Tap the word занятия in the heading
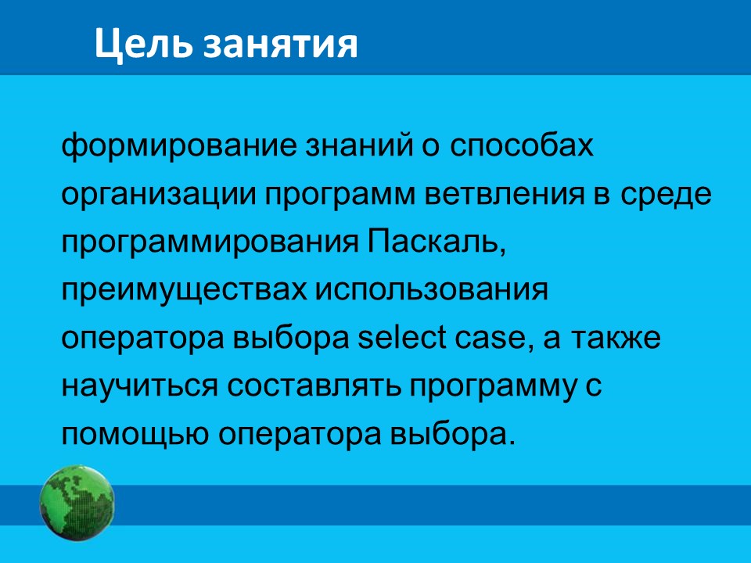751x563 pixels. point(281,46)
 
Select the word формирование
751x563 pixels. point(179,146)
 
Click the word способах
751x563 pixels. point(522,146)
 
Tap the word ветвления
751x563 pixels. point(505,195)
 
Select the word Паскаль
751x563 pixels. point(437,242)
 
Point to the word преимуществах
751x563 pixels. point(185,292)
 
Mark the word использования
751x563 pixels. point(431,290)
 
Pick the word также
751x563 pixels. point(616,339)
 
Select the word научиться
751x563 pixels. point(140,387)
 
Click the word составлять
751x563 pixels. point(314,387)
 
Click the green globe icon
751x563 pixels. point(77,503)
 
